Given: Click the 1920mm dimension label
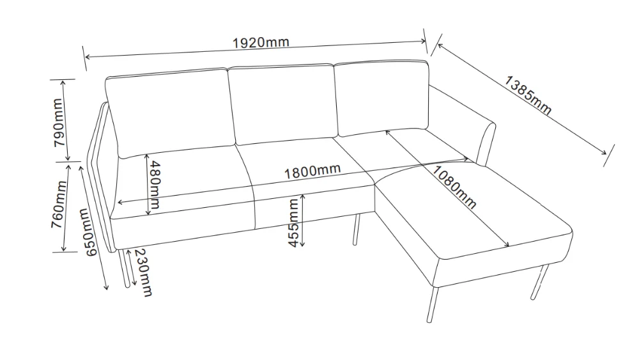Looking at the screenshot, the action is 261,43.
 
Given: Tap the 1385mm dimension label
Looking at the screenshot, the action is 528,95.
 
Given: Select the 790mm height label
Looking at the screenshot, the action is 58,121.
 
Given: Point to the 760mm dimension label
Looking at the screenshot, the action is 58,206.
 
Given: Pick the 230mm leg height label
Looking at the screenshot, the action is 145,273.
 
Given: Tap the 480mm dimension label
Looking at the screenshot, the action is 154,186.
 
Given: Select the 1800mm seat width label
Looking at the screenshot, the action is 312,171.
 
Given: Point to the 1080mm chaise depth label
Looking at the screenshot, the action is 453,187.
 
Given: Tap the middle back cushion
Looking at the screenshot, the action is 281,102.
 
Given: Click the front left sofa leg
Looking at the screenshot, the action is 122,269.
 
